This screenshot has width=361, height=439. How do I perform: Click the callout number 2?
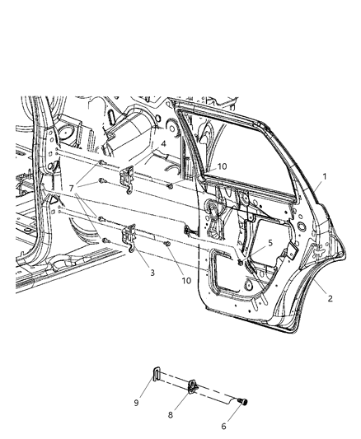coord(331,298)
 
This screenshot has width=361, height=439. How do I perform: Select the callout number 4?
coord(163,144)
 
